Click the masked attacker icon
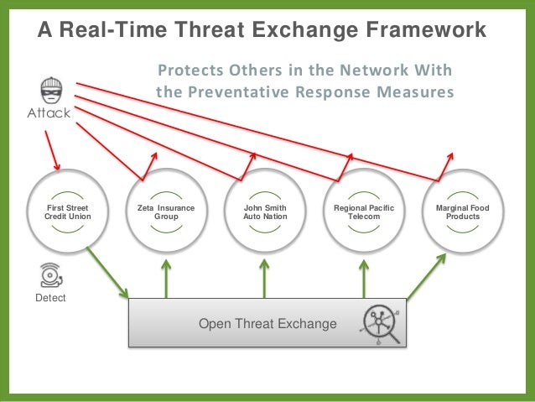(x=49, y=88)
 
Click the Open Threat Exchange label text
(x=267, y=324)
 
